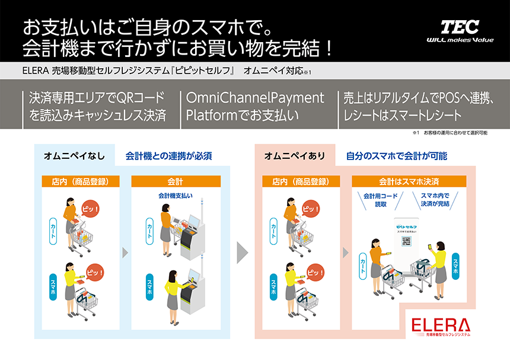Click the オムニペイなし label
(74, 157)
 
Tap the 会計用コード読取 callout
(379, 200)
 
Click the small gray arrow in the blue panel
(125, 254)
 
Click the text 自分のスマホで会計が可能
(397, 157)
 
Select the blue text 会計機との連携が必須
(169, 157)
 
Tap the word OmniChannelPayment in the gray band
(256, 98)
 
